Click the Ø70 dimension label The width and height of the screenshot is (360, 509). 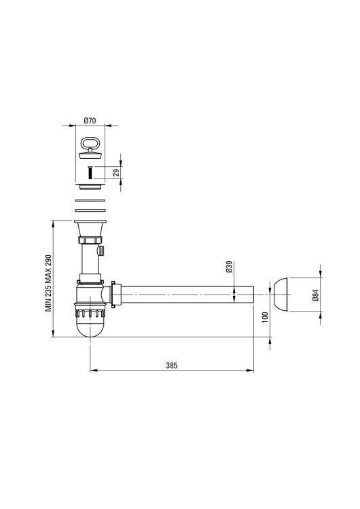coord(90,120)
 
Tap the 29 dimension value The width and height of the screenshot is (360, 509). coord(116,172)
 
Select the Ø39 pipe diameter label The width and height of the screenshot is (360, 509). coord(229,267)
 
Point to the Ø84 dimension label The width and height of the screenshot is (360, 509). coord(315,295)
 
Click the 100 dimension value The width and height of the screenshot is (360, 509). coord(265,317)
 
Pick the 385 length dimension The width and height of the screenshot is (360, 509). coord(172,366)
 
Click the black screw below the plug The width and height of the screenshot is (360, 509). coord(90,172)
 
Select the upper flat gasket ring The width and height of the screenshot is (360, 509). coord(90,200)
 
